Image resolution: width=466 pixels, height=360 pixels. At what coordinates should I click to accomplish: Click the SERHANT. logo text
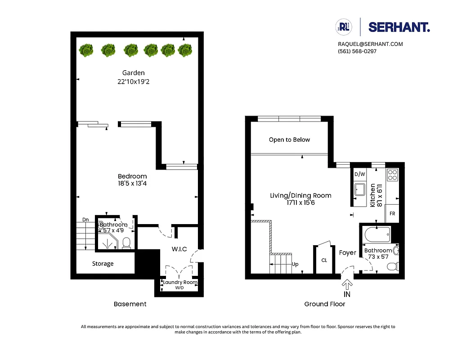click(399, 27)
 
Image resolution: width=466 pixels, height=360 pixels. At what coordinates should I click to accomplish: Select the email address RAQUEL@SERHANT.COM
click(370, 44)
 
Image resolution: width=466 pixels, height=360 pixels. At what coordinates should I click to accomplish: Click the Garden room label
click(134, 73)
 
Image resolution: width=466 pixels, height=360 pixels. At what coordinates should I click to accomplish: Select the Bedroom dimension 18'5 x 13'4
click(132, 184)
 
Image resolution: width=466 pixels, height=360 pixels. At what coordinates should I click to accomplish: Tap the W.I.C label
click(179, 249)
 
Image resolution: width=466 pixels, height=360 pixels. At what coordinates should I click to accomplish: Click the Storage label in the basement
click(103, 264)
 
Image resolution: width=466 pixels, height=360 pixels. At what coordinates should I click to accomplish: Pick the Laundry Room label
click(179, 283)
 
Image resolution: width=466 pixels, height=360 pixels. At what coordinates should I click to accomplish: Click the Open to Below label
click(289, 140)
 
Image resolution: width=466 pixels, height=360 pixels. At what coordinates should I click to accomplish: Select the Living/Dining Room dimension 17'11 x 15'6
click(300, 203)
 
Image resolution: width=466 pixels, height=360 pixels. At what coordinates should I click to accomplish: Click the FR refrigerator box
click(392, 213)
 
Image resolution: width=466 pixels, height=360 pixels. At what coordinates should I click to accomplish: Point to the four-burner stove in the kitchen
click(392, 175)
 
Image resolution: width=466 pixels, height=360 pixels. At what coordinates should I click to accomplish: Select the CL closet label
click(324, 261)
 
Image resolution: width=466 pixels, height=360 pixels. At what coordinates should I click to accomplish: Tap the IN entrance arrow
click(347, 285)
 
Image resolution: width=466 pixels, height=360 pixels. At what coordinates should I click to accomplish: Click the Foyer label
click(347, 253)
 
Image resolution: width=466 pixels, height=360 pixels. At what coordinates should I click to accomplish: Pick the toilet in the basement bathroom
click(126, 243)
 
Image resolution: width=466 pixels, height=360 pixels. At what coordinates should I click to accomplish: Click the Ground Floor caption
click(324, 304)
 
